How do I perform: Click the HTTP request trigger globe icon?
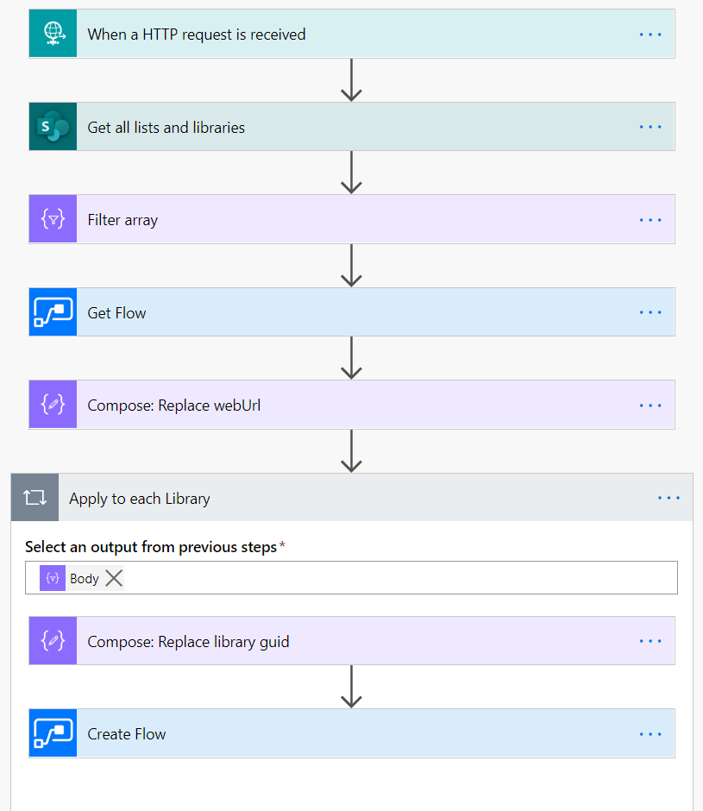point(53,35)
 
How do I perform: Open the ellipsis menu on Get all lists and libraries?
point(650,127)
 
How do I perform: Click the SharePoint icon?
point(53,127)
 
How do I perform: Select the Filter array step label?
point(122,220)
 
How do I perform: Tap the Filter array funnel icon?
point(53,220)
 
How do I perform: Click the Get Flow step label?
point(116,313)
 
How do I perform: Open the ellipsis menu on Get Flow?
point(650,313)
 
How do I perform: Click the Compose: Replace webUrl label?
point(173,405)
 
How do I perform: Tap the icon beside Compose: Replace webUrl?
point(53,405)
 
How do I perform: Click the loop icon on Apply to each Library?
point(35,498)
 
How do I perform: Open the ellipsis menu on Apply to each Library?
point(668,498)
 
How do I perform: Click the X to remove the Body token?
point(114,579)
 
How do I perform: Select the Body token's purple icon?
point(53,579)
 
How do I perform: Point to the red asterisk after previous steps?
point(282,545)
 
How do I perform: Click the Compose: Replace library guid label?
point(188,642)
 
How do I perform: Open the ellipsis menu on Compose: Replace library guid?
point(650,642)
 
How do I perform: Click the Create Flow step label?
point(127,734)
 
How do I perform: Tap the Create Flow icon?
point(53,734)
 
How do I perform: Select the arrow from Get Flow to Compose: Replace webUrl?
point(351,357)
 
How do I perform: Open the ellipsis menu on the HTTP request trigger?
point(650,35)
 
